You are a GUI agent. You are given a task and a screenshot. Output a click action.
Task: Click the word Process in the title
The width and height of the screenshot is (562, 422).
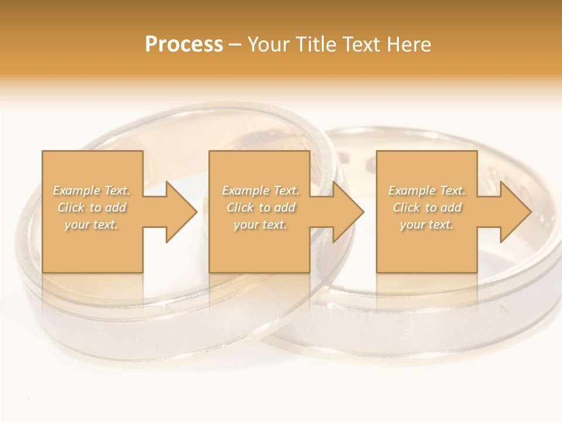(184, 45)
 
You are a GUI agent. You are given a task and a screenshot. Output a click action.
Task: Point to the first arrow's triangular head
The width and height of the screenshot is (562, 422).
(181, 212)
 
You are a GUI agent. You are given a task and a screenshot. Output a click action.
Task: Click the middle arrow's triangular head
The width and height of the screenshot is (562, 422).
(348, 212)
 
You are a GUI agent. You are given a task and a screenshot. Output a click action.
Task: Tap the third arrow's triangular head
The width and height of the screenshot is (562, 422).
(515, 212)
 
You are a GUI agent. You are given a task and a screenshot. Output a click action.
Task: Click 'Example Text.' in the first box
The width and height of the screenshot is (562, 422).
(92, 190)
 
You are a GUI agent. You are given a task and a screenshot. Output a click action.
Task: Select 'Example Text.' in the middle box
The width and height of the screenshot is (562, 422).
(261, 190)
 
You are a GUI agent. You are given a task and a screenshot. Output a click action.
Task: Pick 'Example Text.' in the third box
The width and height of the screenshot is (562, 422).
(427, 190)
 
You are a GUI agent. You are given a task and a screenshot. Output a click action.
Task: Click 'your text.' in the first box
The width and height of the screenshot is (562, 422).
(91, 224)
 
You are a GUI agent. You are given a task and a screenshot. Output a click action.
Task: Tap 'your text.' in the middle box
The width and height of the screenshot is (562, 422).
(261, 224)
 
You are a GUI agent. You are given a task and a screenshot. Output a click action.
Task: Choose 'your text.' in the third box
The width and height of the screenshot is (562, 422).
(427, 224)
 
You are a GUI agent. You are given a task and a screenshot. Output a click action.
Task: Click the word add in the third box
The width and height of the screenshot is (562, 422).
(450, 207)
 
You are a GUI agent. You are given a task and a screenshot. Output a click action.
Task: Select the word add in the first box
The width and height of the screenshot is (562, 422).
(115, 207)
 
